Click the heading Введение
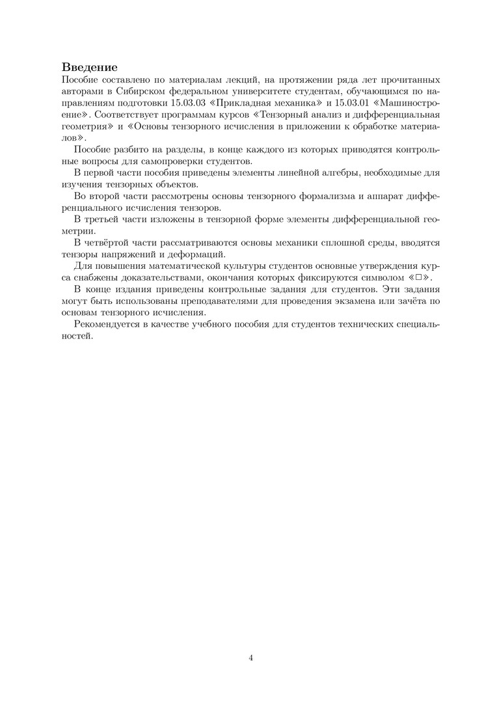click(90, 67)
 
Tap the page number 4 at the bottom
click(251, 657)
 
